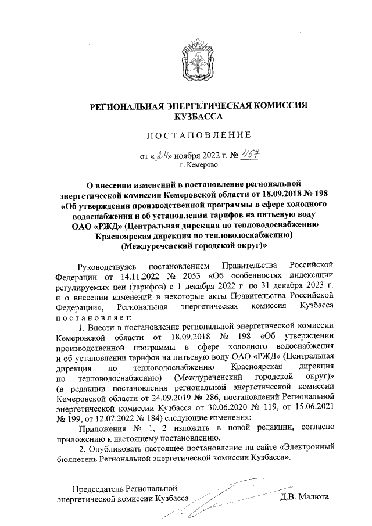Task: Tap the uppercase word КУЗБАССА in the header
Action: click(197, 116)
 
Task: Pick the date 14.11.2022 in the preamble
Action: click(138, 275)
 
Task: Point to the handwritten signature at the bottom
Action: click(215, 497)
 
